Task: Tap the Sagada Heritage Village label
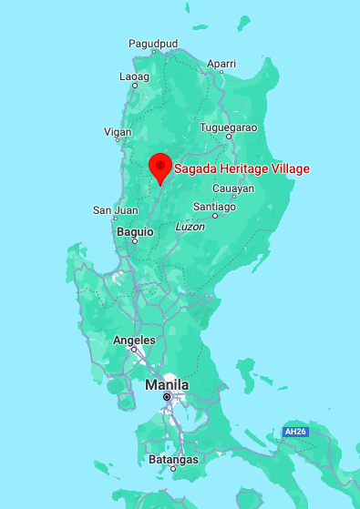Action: pyautogui.click(x=242, y=168)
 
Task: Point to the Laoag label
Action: pyautogui.click(x=135, y=76)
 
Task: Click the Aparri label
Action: pyautogui.click(x=221, y=64)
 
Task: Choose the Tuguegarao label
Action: pyautogui.click(x=229, y=127)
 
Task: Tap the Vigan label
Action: pyautogui.click(x=118, y=132)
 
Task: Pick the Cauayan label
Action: pyautogui.click(x=233, y=188)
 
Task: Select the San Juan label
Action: pyautogui.click(x=116, y=210)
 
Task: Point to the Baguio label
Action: pyautogui.click(x=135, y=232)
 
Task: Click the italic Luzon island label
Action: pyautogui.click(x=190, y=226)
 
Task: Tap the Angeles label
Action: pyautogui.click(x=132, y=340)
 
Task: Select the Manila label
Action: pyautogui.click(x=167, y=385)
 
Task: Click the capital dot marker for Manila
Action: pyautogui.click(x=167, y=398)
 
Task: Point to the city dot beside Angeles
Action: pyautogui.click(x=133, y=350)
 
